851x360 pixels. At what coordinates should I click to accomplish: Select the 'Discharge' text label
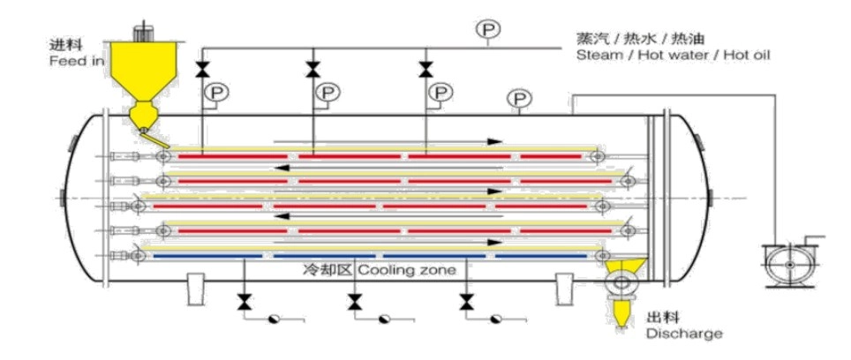[684, 333]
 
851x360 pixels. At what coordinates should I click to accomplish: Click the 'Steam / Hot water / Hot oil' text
[673, 55]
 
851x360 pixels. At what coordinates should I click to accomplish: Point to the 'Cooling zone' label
[406, 269]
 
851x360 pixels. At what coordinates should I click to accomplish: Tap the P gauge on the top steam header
[487, 29]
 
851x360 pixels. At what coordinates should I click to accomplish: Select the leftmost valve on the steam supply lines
[201, 70]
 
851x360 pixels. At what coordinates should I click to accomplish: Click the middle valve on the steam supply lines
[313, 70]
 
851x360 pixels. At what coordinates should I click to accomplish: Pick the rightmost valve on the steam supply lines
[425, 70]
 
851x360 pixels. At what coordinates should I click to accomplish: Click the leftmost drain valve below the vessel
[245, 302]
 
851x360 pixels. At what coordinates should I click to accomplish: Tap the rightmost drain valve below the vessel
[465, 302]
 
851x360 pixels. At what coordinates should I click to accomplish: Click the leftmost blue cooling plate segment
[207, 255]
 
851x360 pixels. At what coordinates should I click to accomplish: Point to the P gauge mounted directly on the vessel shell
[519, 99]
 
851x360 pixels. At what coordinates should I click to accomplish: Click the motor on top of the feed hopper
[143, 31]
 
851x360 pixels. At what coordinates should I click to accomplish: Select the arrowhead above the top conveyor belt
[494, 141]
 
